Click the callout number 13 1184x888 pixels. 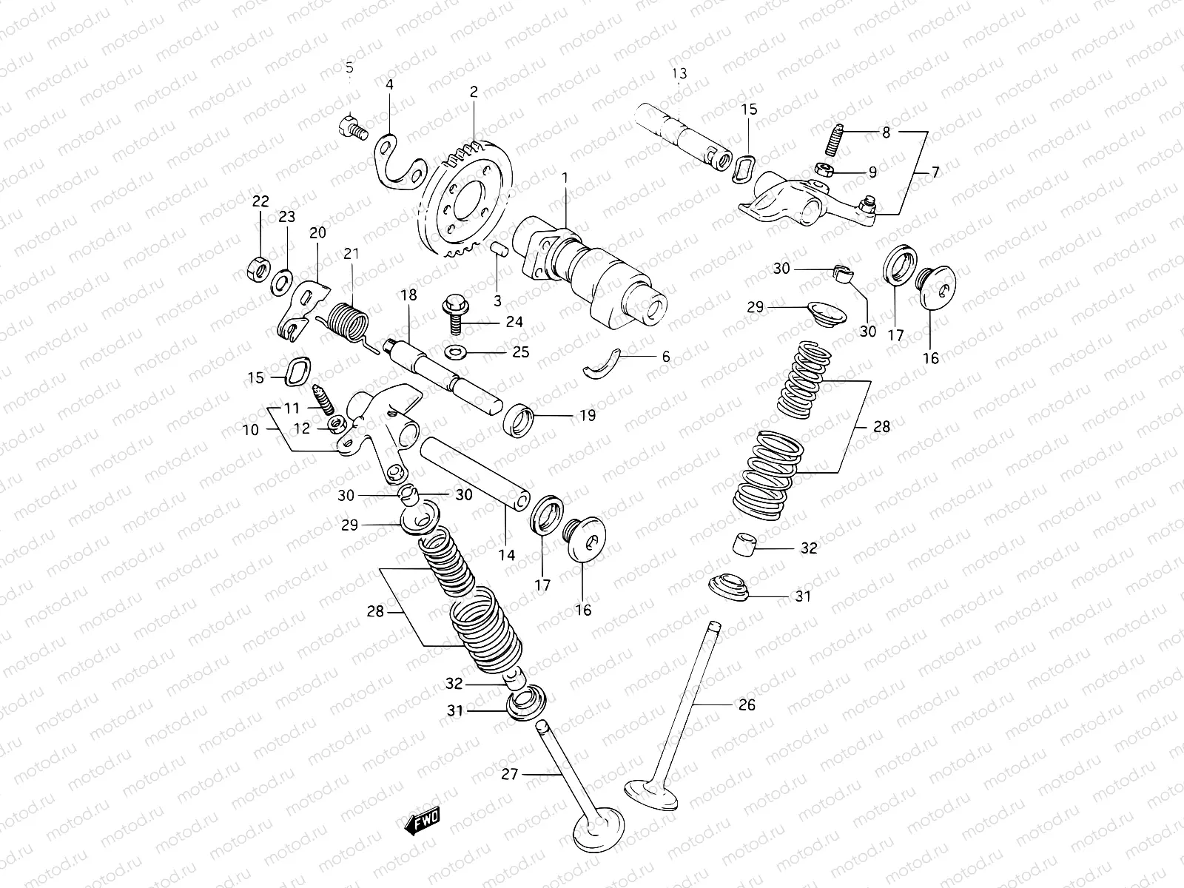click(679, 73)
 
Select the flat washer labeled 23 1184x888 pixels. click(281, 282)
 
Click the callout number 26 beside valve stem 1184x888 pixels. click(747, 704)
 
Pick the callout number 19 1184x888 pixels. click(587, 416)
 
